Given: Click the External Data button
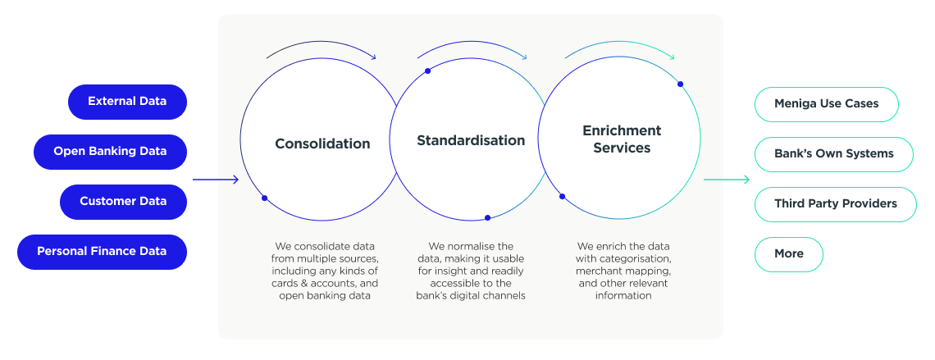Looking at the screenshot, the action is [x=128, y=102].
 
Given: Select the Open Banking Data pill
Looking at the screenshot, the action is [x=111, y=152].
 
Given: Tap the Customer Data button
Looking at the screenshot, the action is [x=123, y=202].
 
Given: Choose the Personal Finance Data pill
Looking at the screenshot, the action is [x=102, y=252].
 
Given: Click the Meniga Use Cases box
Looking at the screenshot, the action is [x=827, y=104].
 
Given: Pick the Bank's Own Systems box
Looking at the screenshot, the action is [x=833, y=154].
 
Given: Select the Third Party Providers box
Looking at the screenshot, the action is [x=836, y=204].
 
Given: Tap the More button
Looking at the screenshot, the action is [x=789, y=254].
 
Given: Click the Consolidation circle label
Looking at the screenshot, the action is [x=322, y=144].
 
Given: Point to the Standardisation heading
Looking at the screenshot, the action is [x=471, y=141].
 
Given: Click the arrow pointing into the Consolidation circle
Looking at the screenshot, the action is [x=215, y=180].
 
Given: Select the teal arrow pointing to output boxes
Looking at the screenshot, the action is [x=727, y=180].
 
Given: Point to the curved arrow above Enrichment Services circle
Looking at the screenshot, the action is [x=620, y=43].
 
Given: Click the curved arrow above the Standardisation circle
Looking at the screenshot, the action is [x=472, y=43].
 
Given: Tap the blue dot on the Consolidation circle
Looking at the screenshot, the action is [x=265, y=198].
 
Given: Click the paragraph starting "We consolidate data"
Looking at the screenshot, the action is [x=325, y=271].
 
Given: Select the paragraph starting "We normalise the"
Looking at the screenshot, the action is [x=471, y=271].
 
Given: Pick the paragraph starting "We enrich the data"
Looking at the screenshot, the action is [x=623, y=271].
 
